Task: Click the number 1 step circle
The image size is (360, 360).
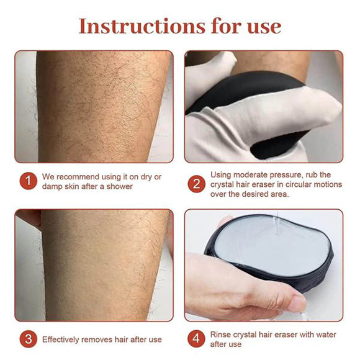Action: [27, 181]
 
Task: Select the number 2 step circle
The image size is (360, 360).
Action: [197, 184]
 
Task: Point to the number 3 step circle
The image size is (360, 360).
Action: [27, 340]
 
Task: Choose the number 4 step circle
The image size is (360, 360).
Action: [197, 340]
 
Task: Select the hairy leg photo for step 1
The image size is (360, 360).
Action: [93, 106]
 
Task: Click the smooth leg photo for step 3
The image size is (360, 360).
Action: [93, 264]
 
